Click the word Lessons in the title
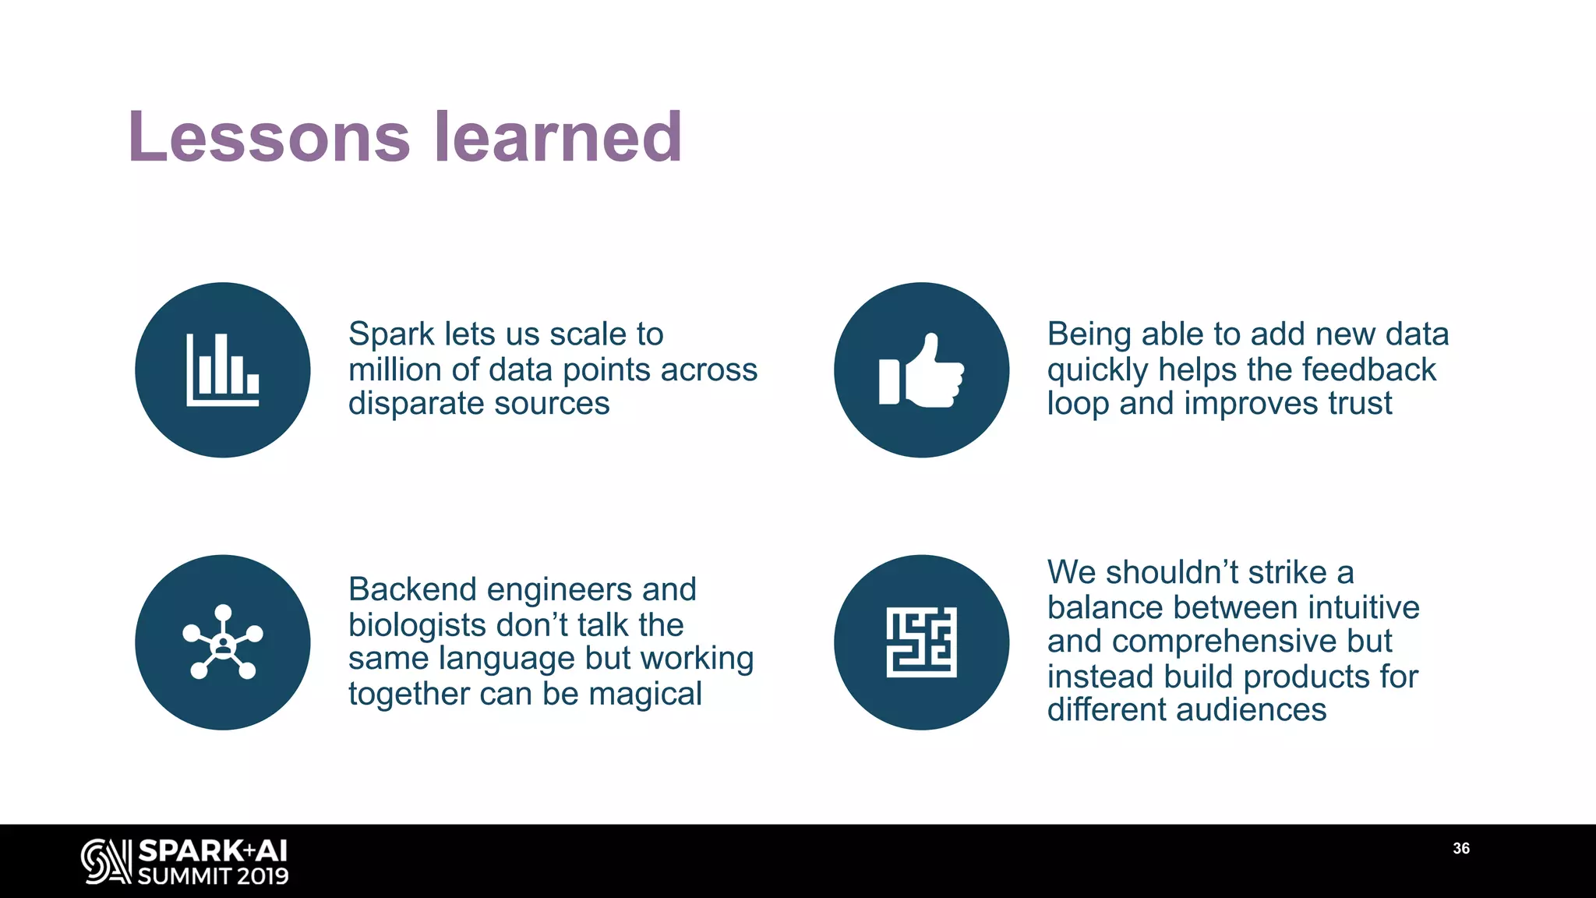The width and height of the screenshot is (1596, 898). click(x=269, y=137)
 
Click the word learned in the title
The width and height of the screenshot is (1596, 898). click(x=558, y=137)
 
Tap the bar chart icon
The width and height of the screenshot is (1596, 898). click(x=223, y=369)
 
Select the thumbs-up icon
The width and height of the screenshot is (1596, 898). click(x=921, y=369)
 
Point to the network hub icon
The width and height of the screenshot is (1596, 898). click(x=223, y=642)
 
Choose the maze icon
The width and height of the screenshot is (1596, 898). click(x=921, y=642)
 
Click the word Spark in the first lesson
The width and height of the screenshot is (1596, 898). click(x=391, y=334)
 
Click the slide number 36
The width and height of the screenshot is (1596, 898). click(x=1461, y=848)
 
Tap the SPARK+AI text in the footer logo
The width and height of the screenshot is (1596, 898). click(x=213, y=850)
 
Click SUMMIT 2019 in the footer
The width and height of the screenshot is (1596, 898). click(x=213, y=876)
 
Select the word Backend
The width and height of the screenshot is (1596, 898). click(x=412, y=590)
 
